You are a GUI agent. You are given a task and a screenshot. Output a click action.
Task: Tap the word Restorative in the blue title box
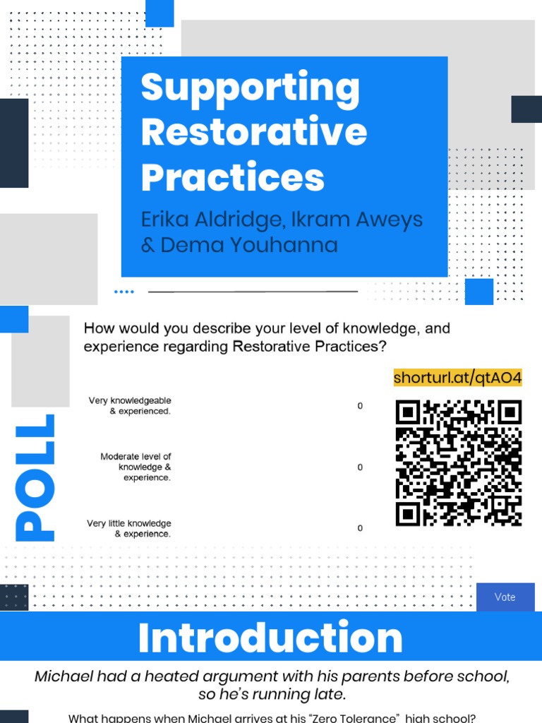click(x=254, y=132)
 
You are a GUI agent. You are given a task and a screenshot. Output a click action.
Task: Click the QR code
click(x=459, y=463)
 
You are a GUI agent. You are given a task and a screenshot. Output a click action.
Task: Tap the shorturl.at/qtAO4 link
click(x=457, y=378)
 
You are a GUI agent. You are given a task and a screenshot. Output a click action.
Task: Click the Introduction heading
click(x=270, y=638)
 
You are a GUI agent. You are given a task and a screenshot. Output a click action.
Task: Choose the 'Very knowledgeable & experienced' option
click(x=130, y=406)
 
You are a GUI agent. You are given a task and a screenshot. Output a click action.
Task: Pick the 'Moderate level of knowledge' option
click(x=135, y=467)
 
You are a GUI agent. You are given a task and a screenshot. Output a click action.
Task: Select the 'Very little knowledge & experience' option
click(x=129, y=529)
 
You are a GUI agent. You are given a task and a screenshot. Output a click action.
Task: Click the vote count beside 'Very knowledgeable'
click(x=360, y=406)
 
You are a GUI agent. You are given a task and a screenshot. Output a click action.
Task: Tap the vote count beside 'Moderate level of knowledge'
click(x=360, y=467)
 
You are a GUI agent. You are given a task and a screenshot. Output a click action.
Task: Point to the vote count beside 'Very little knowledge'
click(x=360, y=528)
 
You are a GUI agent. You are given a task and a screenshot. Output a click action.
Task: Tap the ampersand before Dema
click(x=148, y=245)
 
